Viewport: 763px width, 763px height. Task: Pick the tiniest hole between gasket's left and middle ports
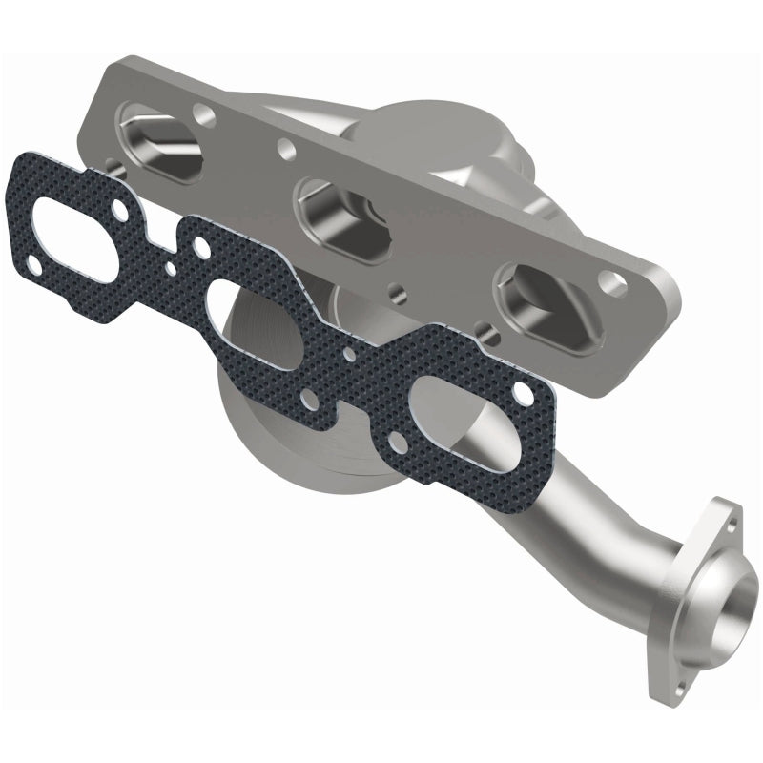(172, 268)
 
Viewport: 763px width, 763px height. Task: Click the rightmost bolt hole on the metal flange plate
(608, 281)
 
